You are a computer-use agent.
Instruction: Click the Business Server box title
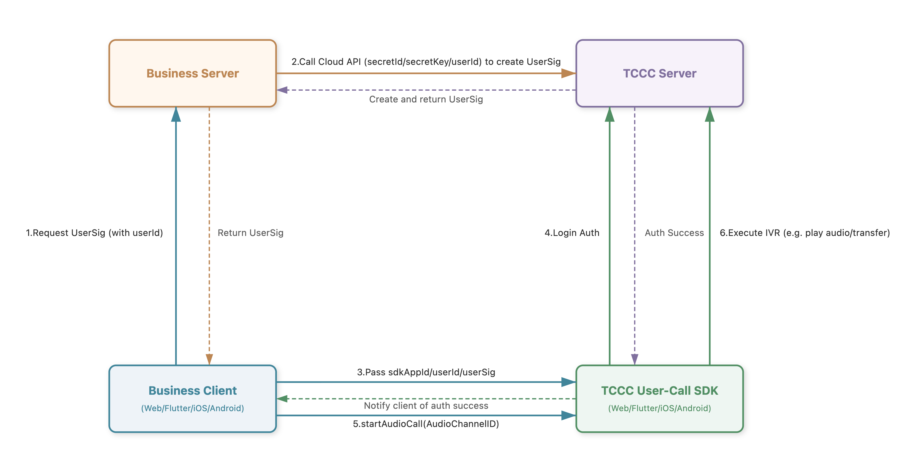pos(193,73)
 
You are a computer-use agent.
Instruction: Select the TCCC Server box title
pos(660,73)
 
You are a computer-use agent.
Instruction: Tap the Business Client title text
pos(193,390)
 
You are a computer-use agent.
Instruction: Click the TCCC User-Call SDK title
pos(660,390)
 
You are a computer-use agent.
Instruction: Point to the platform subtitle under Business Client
pos(193,408)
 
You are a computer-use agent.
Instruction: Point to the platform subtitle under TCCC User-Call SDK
pos(660,408)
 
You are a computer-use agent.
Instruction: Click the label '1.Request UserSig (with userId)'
pos(94,233)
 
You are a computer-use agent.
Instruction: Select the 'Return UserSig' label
pos(250,233)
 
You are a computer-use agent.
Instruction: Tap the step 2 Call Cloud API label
pos(426,62)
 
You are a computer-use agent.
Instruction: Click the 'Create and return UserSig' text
pos(426,99)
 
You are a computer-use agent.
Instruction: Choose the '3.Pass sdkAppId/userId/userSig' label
pos(426,372)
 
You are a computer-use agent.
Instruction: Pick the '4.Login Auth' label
pos(572,233)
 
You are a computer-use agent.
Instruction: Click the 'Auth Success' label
pos(674,233)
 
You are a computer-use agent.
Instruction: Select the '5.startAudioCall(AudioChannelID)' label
pos(426,424)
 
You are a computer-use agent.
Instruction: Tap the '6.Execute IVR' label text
pos(805,233)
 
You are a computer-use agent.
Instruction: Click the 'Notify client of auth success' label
pos(426,406)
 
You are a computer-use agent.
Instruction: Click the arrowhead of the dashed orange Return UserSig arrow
pos(209,359)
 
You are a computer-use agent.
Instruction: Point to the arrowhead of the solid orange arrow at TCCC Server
pos(569,73)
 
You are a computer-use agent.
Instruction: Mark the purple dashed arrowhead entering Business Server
pos(282,90)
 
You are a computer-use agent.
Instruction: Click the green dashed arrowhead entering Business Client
pos(282,399)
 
